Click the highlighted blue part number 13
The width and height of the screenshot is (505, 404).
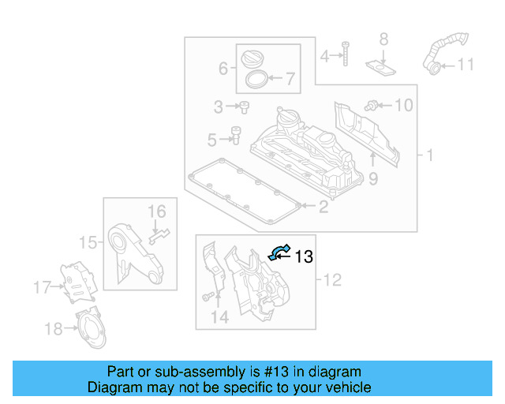pyautogui.click(x=278, y=252)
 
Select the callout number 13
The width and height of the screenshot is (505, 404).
pyautogui.click(x=304, y=256)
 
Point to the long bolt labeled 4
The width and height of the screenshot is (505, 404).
pyautogui.click(x=346, y=50)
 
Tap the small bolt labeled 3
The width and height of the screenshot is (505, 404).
pyautogui.click(x=244, y=105)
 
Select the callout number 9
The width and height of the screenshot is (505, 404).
pyautogui.click(x=372, y=179)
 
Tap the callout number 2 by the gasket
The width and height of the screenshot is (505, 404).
pyautogui.click(x=323, y=208)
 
